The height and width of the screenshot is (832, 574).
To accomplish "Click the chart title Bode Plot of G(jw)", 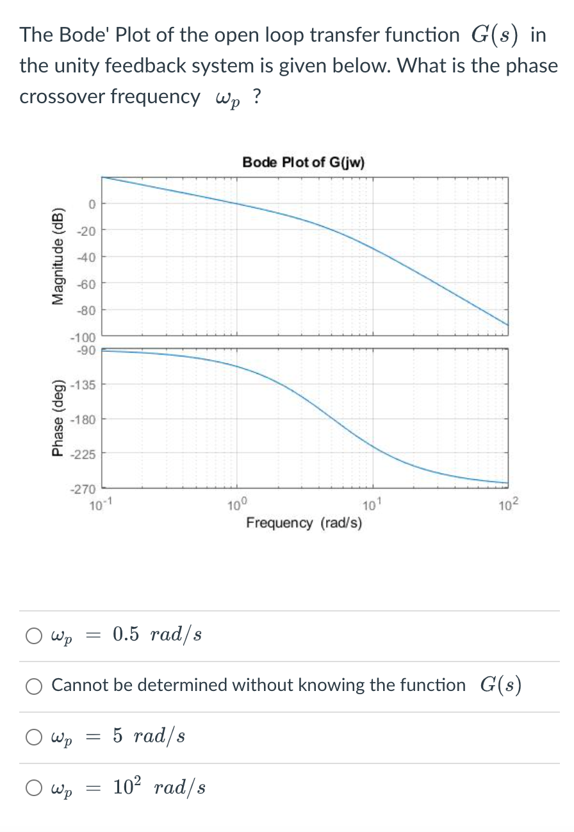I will [x=304, y=162].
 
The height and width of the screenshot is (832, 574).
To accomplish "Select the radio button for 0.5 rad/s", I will [x=33, y=636].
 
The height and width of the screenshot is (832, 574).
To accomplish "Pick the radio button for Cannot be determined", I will [x=33, y=686].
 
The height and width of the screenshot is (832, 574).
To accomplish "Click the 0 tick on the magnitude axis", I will [x=92, y=204].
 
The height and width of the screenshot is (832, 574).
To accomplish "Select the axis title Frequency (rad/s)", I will [x=304, y=523].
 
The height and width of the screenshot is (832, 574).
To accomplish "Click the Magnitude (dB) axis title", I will [x=58, y=256].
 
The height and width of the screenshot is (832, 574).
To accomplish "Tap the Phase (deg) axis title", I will [x=58, y=420].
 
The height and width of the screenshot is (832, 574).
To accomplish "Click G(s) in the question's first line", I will [x=494, y=35].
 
